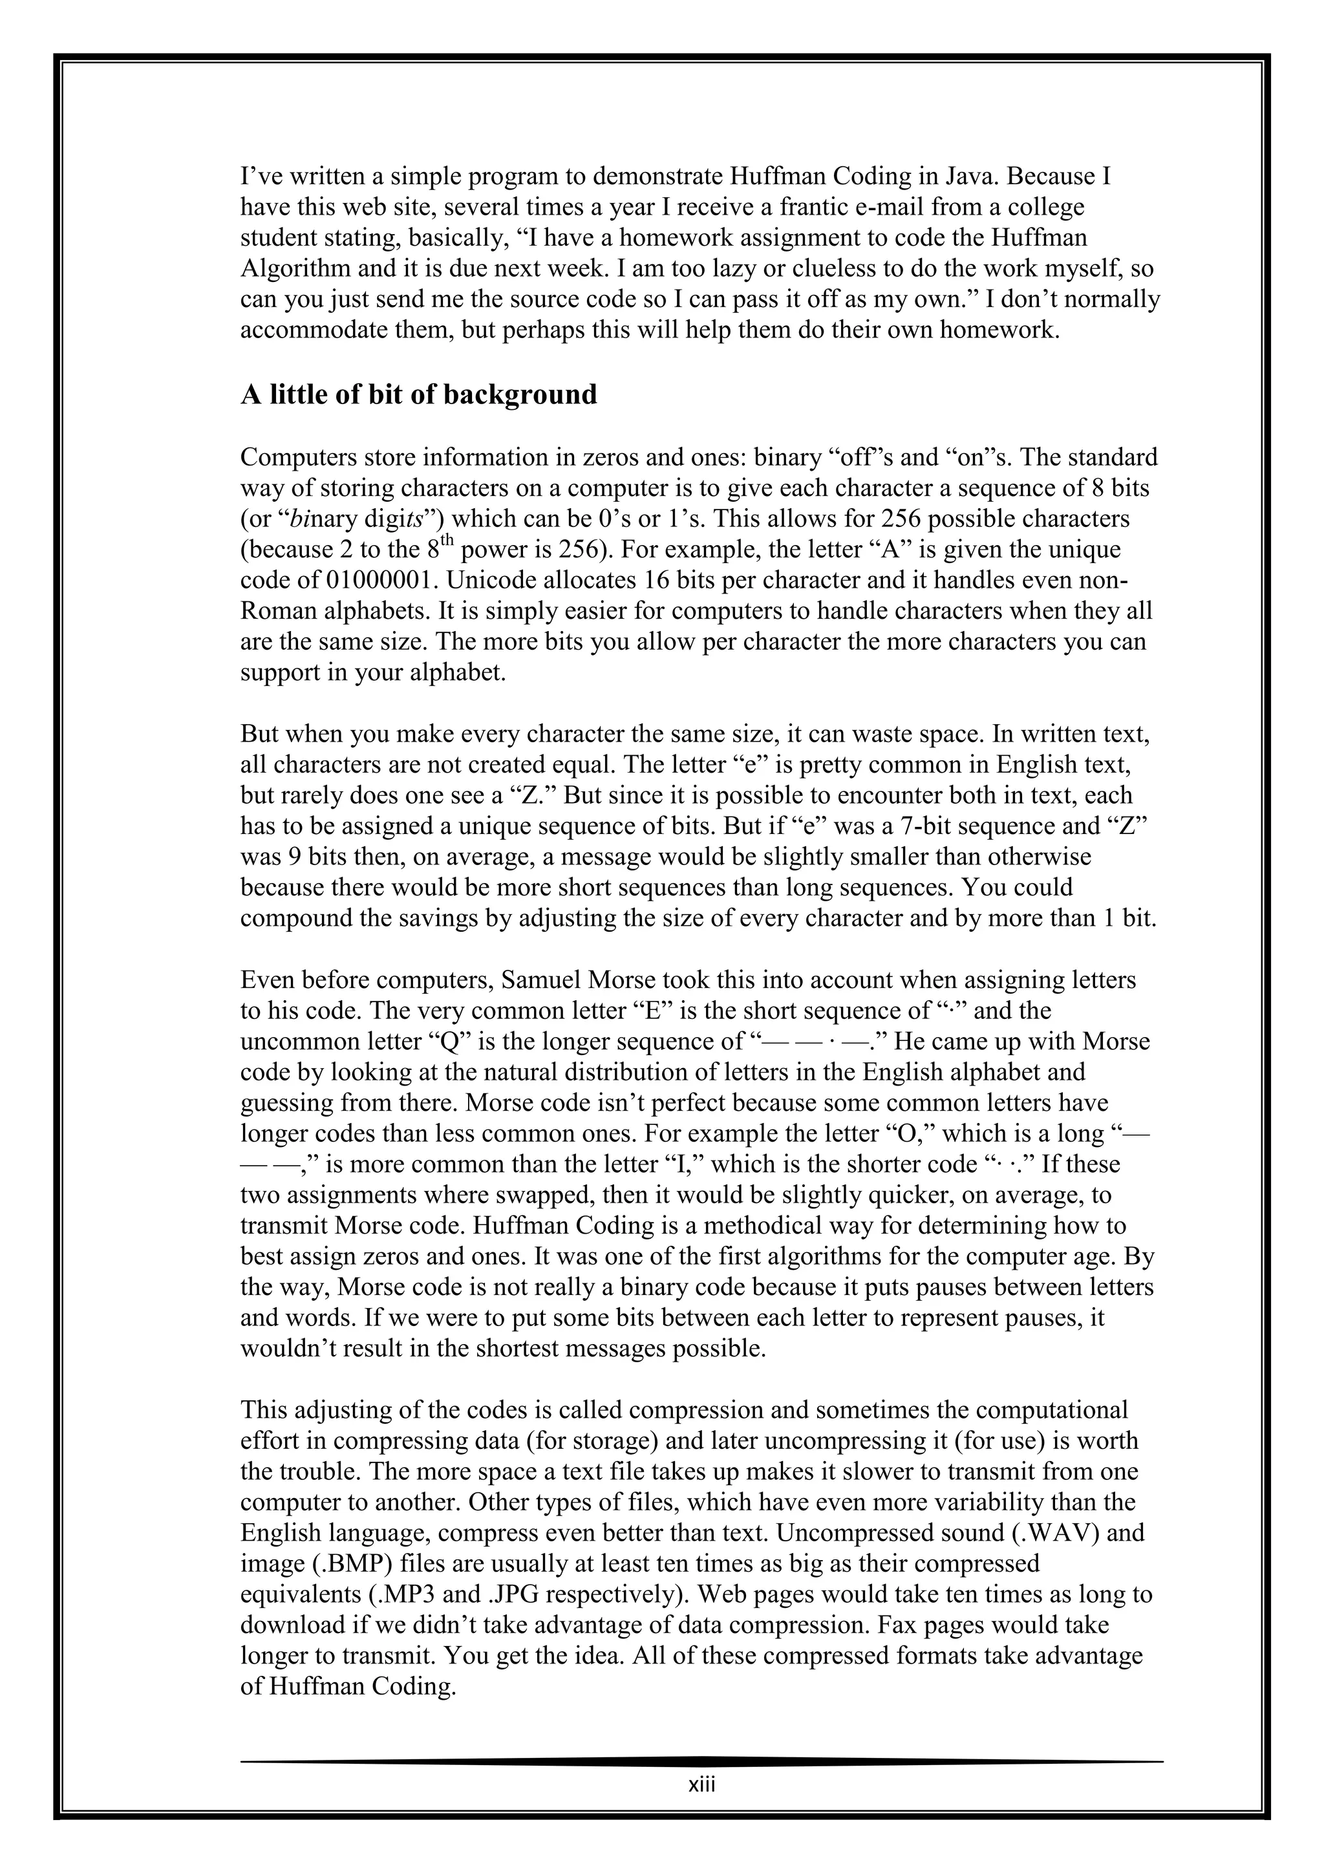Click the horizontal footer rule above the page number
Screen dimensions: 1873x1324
coord(701,1761)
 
